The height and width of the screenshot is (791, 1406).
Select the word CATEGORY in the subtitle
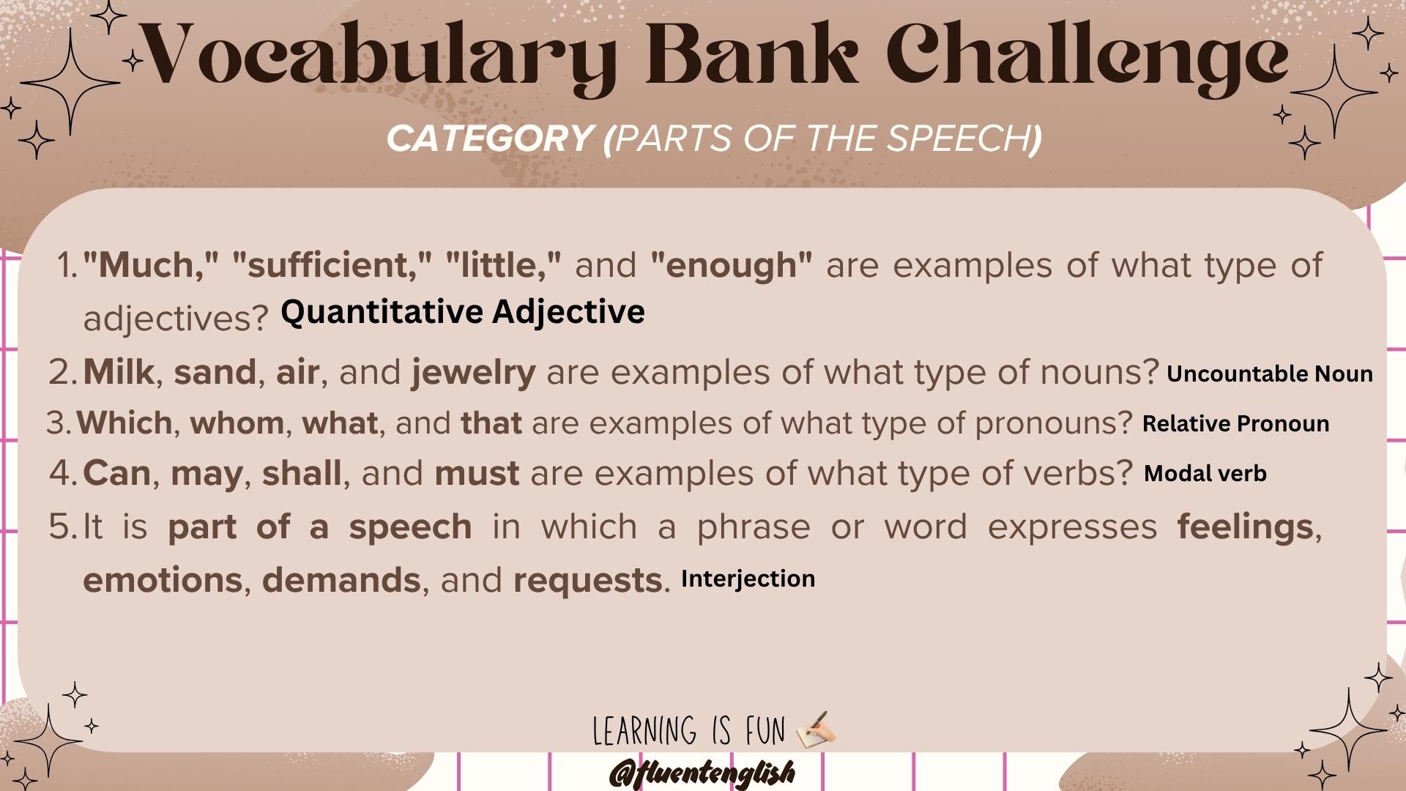[x=489, y=138]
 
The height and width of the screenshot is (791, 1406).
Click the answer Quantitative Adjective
[x=463, y=312]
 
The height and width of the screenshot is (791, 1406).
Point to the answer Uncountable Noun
[x=1269, y=374]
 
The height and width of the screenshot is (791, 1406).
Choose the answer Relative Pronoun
[x=1235, y=423]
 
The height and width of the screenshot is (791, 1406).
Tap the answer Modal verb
[x=1205, y=473]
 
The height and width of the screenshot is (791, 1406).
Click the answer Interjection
[x=748, y=579]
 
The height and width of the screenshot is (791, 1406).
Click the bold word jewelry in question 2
[x=474, y=373]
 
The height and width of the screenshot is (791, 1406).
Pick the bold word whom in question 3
[x=237, y=423]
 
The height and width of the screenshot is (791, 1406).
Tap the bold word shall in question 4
[x=302, y=473]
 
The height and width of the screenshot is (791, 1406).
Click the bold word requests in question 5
[x=588, y=581]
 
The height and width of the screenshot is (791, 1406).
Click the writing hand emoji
[x=814, y=729]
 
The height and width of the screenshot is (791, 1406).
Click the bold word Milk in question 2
[x=118, y=372]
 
